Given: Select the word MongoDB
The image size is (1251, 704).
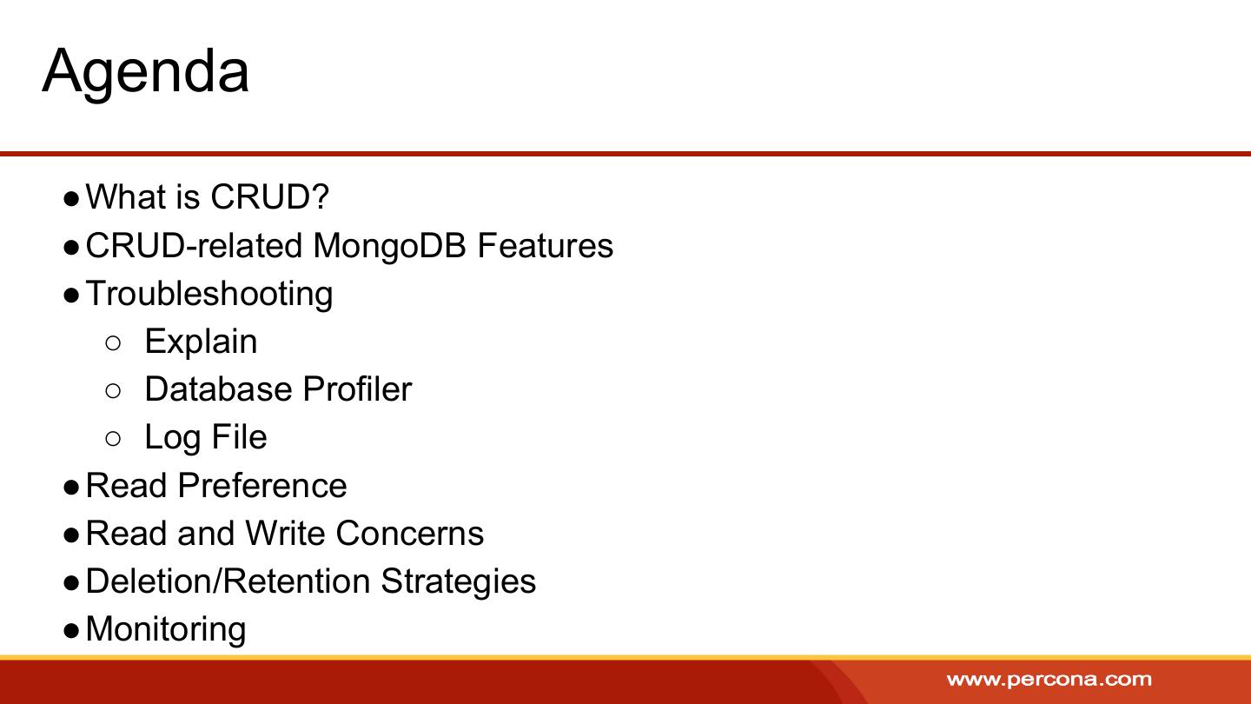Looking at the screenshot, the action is point(389,247).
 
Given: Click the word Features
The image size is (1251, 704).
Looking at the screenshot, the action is point(545,245).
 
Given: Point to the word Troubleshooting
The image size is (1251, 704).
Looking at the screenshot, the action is point(209,295).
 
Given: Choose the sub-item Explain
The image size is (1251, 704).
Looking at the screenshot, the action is point(201,342).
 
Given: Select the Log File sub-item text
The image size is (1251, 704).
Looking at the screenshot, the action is point(206,438).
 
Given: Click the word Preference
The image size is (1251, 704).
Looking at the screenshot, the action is point(262,485).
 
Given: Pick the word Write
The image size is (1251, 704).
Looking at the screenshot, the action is point(285,533).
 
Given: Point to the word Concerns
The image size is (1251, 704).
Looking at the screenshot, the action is point(410,533).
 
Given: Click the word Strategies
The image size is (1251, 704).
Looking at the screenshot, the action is point(458,582).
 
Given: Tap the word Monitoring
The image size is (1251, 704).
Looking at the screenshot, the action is point(166,630).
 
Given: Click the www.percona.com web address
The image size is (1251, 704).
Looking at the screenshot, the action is point(1049,680).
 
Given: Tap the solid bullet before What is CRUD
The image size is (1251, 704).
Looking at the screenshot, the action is point(71,199).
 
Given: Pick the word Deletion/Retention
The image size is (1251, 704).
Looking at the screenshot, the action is point(228,581).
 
